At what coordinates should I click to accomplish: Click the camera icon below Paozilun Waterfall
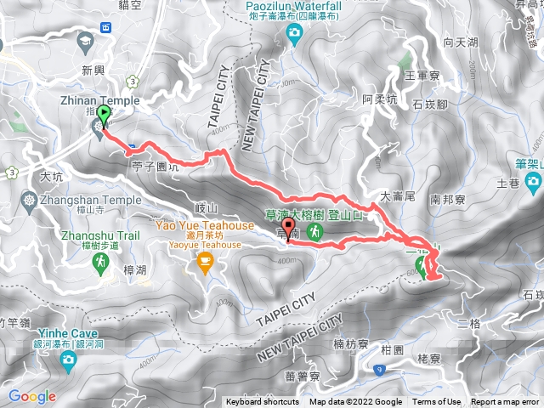[x=294, y=34]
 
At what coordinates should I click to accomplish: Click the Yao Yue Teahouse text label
[x=204, y=226]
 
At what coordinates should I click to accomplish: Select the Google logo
[x=31, y=396]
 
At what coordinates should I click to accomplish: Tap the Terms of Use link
[x=437, y=402]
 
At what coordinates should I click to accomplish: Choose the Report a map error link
[x=505, y=402]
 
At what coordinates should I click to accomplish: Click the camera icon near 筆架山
[x=533, y=182]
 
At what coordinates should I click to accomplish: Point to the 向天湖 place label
[x=460, y=40]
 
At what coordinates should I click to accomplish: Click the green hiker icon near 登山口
[x=314, y=231]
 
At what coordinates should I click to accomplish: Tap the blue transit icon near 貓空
[x=106, y=26]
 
